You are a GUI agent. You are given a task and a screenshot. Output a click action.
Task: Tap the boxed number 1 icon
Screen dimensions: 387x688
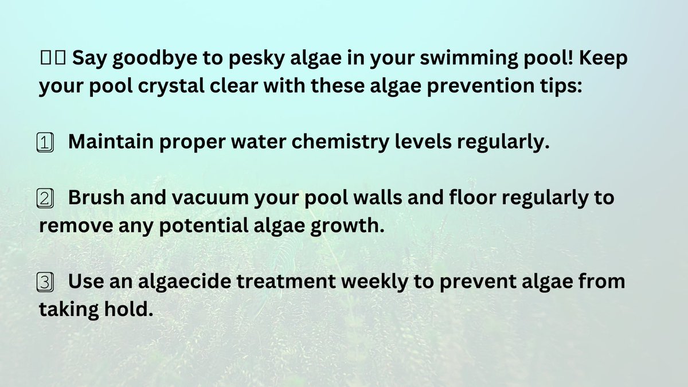45,142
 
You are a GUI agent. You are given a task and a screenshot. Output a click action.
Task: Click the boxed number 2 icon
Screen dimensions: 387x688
45,198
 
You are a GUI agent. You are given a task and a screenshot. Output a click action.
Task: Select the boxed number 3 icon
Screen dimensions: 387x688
45,282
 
